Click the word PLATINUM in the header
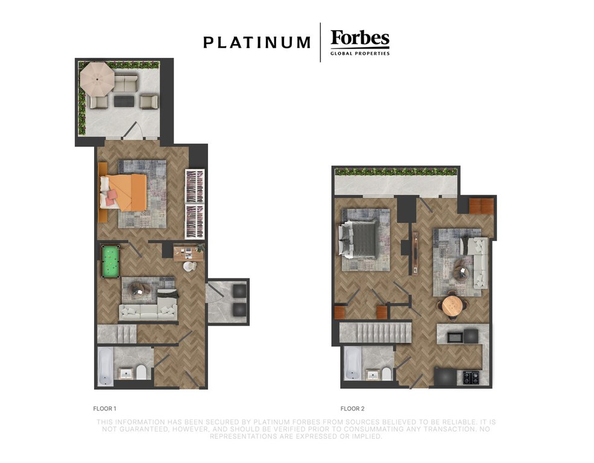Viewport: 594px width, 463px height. click(x=257, y=42)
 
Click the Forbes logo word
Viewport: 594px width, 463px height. click(x=360, y=38)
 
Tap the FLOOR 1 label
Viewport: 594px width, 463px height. click(x=104, y=409)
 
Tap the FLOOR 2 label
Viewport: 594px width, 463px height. click(x=352, y=409)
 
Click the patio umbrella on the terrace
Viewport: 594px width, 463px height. click(x=97, y=80)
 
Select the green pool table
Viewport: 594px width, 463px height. click(x=110, y=262)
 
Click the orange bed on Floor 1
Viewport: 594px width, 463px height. click(x=123, y=192)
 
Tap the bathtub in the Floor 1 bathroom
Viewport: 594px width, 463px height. click(x=106, y=367)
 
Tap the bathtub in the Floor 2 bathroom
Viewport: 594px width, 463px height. click(x=353, y=364)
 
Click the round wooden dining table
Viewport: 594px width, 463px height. click(x=453, y=306)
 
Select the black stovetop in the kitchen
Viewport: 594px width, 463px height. click(x=471, y=377)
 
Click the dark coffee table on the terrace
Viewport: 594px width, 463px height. click(x=124, y=101)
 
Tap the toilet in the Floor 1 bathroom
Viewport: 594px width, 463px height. click(x=141, y=372)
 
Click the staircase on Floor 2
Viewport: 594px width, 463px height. click(x=375, y=332)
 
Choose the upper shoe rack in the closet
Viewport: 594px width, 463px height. click(x=195, y=186)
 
